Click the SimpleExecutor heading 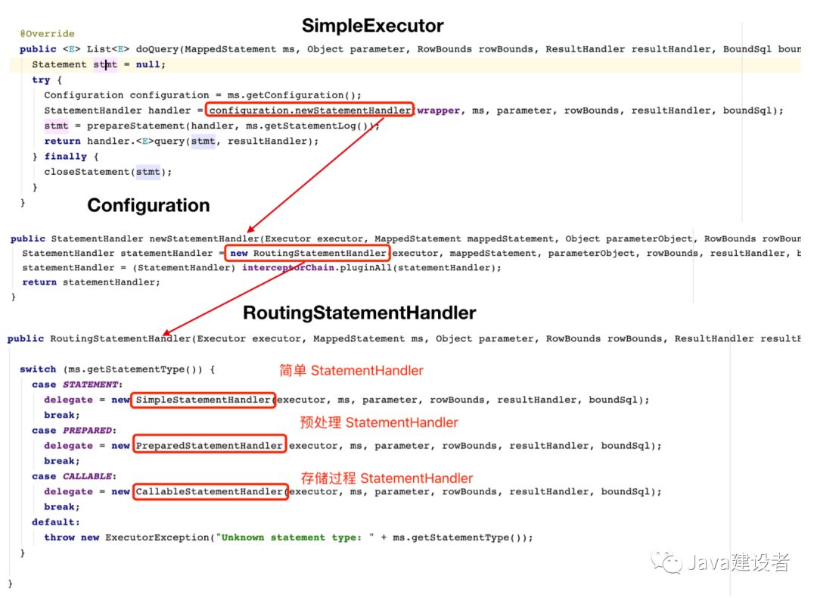point(372,26)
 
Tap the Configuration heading point(148,205)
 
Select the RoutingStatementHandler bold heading point(359,313)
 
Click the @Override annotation point(48,33)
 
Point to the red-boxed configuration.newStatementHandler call point(310,110)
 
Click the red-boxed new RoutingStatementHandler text point(307,253)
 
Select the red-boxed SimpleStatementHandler point(203,400)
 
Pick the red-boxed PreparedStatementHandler point(210,445)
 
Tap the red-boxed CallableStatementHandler point(210,491)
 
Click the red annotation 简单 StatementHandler point(351,371)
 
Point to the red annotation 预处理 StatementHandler point(379,422)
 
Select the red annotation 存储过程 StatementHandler point(387,478)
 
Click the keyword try point(41,79)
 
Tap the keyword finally point(66,157)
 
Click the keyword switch point(38,369)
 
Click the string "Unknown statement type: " point(295,537)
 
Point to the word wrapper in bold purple point(438,111)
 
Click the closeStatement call point(108,172)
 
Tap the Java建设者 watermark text point(738,562)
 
